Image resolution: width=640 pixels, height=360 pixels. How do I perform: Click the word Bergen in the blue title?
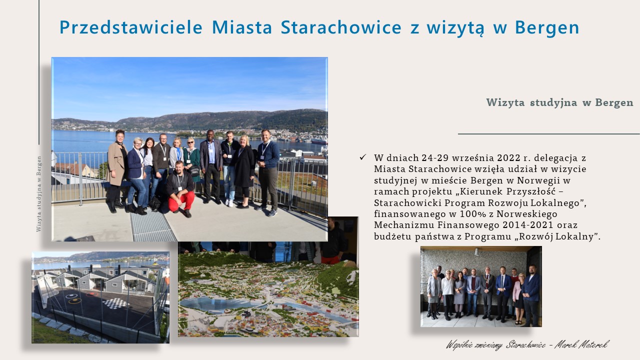(547, 27)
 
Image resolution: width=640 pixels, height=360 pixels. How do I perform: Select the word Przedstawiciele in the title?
(131, 27)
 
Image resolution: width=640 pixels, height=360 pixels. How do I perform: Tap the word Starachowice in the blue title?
(341, 27)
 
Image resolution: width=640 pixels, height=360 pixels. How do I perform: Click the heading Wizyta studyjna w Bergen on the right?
(559, 102)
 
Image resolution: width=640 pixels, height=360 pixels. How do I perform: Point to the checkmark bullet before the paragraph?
(363, 157)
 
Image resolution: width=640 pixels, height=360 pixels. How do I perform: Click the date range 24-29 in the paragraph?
(439, 157)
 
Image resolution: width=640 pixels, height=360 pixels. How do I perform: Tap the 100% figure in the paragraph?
(474, 214)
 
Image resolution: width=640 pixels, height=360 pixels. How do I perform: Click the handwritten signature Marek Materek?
(581, 345)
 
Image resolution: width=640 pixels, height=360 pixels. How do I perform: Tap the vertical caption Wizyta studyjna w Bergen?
(39, 193)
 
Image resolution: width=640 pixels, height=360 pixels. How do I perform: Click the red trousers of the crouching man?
(181, 200)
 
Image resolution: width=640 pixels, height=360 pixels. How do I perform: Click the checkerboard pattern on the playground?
(115, 303)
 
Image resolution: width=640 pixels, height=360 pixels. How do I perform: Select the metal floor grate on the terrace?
(152, 225)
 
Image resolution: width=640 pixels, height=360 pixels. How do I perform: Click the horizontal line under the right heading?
(549, 133)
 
